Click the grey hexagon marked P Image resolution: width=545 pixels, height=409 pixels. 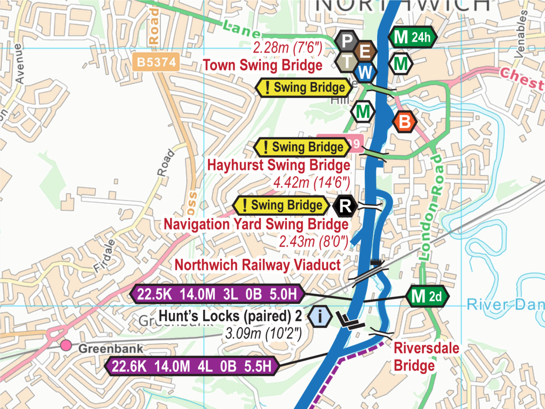pyautogui.click(x=347, y=41)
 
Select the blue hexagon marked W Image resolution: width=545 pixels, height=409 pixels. pyautogui.click(x=365, y=72)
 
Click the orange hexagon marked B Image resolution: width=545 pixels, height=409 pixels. pyautogui.click(x=404, y=122)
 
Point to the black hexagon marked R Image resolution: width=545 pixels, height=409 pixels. pyautogui.click(x=345, y=206)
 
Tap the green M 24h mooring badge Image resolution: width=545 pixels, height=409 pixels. pyautogui.click(x=412, y=37)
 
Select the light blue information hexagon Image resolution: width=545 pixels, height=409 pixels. pyautogui.click(x=320, y=316)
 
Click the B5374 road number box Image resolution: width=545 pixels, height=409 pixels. pyautogui.click(x=156, y=62)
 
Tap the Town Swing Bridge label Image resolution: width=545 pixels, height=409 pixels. pyautogui.click(x=263, y=66)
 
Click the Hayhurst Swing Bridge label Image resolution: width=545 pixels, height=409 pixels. pyautogui.click(x=279, y=165)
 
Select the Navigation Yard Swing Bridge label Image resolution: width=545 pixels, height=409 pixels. pyautogui.click(x=256, y=224)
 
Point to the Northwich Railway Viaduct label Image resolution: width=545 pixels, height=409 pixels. pyautogui.click(x=258, y=265)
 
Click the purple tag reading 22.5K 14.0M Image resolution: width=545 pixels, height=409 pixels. pyautogui.click(x=217, y=294)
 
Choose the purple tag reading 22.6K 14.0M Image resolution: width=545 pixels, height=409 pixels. pyautogui.click(x=192, y=366)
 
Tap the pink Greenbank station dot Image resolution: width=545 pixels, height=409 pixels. pyautogui.click(x=66, y=345)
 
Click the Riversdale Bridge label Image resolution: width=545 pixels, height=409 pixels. pyautogui.click(x=426, y=356)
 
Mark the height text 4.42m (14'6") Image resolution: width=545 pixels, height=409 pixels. pyautogui.click(x=312, y=183)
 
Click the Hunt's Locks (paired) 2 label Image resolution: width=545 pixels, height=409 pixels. pyautogui.click(x=230, y=316)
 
